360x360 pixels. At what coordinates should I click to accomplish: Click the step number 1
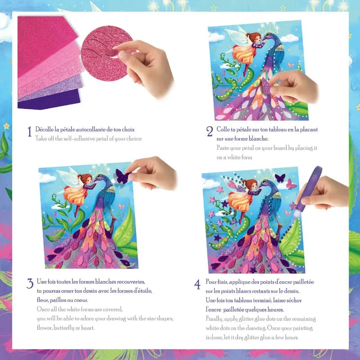click(x=29, y=131)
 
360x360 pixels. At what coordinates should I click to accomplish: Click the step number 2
click(x=209, y=131)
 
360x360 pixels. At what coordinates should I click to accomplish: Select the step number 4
click(x=197, y=284)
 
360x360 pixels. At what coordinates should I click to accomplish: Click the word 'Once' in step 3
click(x=43, y=310)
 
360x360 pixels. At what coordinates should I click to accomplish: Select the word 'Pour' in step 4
click(x=211, y=282)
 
